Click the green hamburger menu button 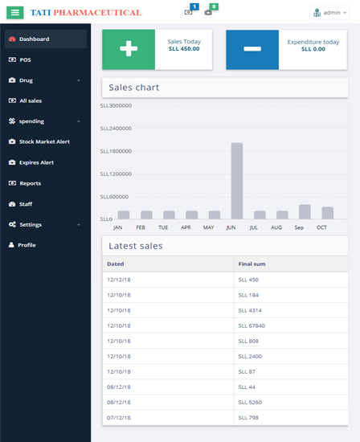(x=15, y=12)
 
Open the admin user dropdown (x=329, y=13)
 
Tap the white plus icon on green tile (x=129, y=48)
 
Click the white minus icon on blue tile (x=252, y=49)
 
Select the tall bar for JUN (x=237, y=181)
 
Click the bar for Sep (x=305, y=211)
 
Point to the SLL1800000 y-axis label (x=116, y=151)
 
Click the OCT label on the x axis (x=321, y=227)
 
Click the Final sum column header (x=252, y=264)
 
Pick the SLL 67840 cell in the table (x=252, y=325)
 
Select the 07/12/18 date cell (x=119, y=417)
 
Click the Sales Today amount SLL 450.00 (x=184, y=49)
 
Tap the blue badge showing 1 (x=194, y=6)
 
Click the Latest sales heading (x=136, y=246)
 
